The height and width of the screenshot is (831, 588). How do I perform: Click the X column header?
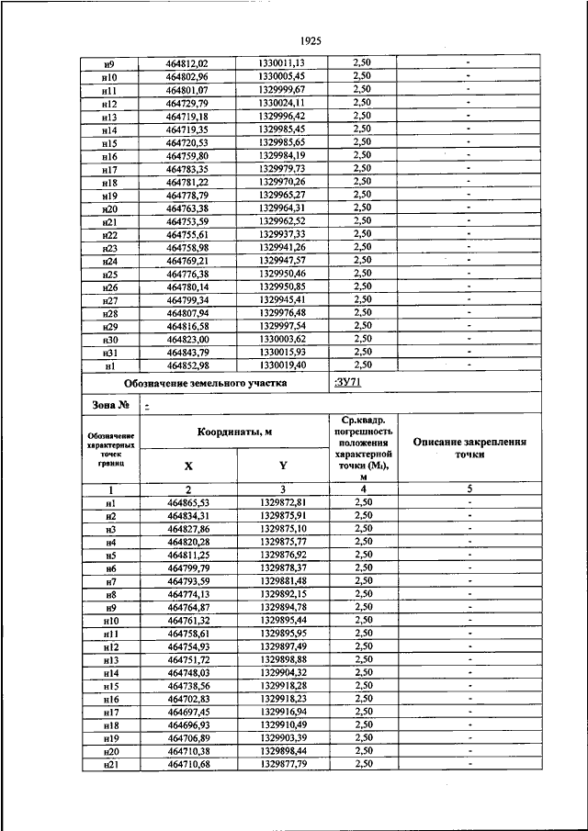point(187,465)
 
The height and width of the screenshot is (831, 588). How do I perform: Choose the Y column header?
point(283,465)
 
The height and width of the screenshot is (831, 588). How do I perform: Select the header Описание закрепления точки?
point(469,447)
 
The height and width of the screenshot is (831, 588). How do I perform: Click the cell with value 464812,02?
point(187,62)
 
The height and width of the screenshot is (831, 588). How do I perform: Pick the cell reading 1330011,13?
point(281,62)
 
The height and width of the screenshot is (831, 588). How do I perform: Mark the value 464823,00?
point(187,339)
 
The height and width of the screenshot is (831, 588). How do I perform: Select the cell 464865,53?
point(187,502)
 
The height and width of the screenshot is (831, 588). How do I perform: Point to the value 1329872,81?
point(283,502)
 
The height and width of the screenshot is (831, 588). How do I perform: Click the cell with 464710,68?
point(187,764)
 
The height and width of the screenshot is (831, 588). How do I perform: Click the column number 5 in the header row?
point(469,489)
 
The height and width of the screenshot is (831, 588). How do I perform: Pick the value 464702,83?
point(187,699)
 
